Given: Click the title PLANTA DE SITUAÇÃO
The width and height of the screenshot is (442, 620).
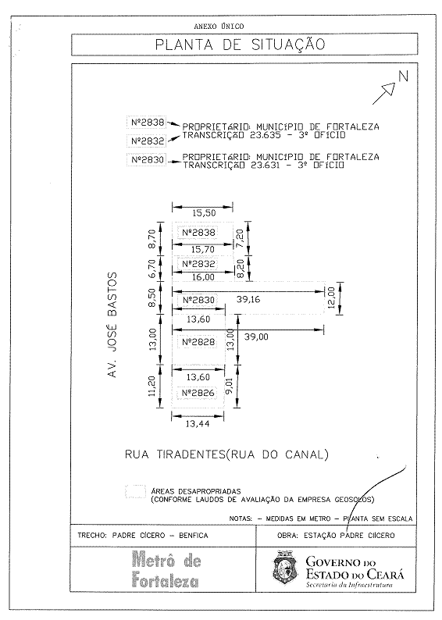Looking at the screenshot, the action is pos(240,44).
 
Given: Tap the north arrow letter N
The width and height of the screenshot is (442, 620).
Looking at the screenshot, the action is pos(403,76).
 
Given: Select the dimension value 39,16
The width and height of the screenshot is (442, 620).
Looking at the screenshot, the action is pos(248,299).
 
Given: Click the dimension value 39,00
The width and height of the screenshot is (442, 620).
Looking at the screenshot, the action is pos(256,337).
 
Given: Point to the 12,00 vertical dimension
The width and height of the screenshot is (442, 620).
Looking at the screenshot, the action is pos(331,298).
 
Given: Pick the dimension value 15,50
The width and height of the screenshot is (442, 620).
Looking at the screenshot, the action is pos(204,213).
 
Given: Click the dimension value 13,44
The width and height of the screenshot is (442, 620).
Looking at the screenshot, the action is pos(198,424).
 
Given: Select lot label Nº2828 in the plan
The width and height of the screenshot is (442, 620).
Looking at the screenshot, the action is pos(199,342).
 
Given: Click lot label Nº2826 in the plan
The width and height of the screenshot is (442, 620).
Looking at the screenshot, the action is pos(198,393).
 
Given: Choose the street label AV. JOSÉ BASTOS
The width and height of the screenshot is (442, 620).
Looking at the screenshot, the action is pos(112,325).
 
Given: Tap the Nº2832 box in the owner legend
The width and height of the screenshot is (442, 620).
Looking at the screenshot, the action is pos(147,141).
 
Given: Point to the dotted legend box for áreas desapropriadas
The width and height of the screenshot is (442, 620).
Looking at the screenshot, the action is pos(135,491).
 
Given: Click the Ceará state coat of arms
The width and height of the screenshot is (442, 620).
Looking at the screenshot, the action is pos(286,568).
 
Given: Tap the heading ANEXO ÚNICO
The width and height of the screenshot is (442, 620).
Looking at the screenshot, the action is pos(219,27).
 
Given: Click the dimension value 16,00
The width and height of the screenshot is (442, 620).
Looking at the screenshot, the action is pos(203,277).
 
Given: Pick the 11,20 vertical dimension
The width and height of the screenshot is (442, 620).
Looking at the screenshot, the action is pos(152,386).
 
